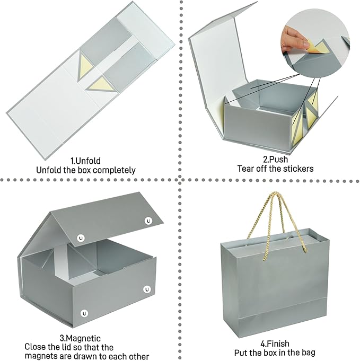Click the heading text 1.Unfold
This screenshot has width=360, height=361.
tap(85, 161)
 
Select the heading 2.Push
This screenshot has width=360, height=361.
tap(276, 160)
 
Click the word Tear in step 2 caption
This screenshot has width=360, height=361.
tap(245, 169)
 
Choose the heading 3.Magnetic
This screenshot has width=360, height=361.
tap(80, 338)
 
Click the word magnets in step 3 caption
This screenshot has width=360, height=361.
tap(41, 356)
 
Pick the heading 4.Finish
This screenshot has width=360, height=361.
tap(275, 344)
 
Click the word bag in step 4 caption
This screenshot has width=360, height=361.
tap(308, 353)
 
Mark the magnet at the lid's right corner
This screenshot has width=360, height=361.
tap(148, 221)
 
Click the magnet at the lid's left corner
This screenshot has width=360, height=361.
tap(81, 238)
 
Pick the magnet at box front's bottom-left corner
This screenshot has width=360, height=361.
tap(84, 313)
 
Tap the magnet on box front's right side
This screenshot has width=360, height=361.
tap(147, 289)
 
